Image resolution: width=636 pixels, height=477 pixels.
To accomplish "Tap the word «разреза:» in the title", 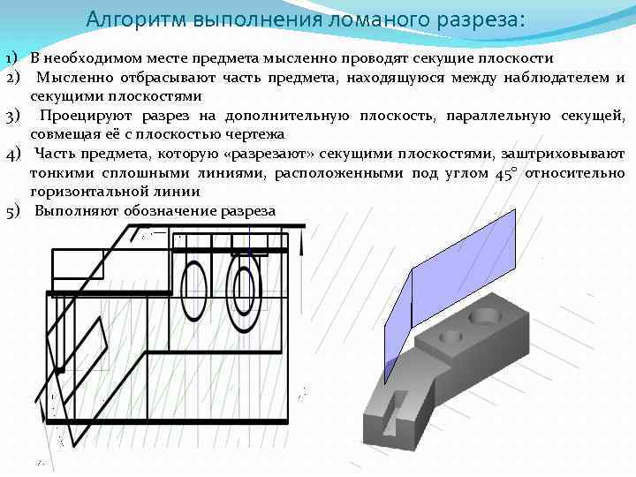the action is (478, 19).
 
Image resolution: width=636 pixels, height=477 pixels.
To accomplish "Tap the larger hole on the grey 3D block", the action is (485, 314).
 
